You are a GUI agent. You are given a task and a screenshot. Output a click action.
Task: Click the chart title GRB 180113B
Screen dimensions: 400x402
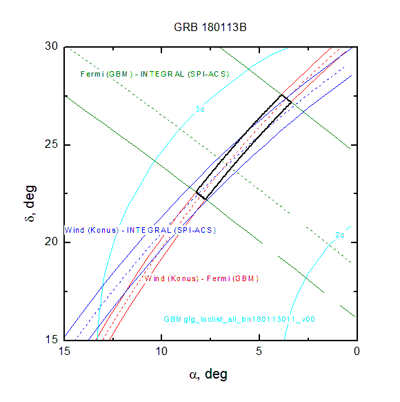pyautogui.click(x=210, y=28)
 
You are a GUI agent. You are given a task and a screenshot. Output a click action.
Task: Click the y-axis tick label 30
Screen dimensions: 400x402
pyautogui.click(x=52, y=46)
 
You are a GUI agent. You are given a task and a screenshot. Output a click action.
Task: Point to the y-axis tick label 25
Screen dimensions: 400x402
pyautogui.click(x=52, y=144)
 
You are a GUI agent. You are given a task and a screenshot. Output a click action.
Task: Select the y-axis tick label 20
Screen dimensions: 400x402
pyautogui.click(x=52, y=242)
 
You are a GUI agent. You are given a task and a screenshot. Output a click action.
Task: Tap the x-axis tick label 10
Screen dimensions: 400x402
pyautogui.click(x=162, y=352)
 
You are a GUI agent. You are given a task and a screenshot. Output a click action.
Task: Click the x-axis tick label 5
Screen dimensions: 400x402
pyautogui.click(x=259, y=352)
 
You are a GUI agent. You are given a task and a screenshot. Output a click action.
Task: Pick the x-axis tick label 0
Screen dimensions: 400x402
pyautogui.click(x=357, y=352)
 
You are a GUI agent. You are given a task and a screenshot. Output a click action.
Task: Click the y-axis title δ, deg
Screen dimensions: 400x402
pyautogui.click(x=30, y=203)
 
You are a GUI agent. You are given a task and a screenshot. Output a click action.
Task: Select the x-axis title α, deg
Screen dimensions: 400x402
pyautogui.click(x=208, y=374)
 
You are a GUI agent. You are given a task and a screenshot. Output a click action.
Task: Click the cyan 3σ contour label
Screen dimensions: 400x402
pyautogui.click(x=200, y=109)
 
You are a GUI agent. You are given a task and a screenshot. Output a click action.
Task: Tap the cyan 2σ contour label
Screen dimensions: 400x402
pyautogui.click(x=340, y=235)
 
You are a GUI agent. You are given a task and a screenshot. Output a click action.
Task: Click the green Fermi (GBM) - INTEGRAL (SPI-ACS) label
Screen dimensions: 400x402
pyautogui.click(x=155, y=74)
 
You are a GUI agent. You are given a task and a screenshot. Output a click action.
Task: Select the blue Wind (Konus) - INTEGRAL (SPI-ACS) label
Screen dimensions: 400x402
pyautogui.click(x=140, y=230)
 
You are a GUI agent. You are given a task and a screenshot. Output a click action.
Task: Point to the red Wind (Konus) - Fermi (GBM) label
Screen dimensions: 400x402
pyautogui.click(x=201, y=278)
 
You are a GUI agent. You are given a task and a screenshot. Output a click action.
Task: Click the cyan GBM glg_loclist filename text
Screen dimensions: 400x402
pyautogui.click(x=239, y=319)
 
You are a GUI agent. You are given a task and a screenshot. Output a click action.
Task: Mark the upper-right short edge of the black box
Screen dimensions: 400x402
pyautogui.click(x=286, y=99)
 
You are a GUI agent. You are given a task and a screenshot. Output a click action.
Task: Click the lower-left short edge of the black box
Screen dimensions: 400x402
pyautogui.click(x=201, y=195)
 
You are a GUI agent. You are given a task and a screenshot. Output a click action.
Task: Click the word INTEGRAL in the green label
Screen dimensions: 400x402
pyautogui.click(x=162, y=74)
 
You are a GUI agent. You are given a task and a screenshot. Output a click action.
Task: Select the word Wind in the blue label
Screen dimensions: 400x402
pyautogui.click(x=74, y=230)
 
